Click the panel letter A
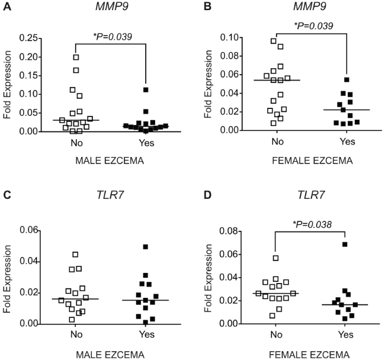[x=5, y=7]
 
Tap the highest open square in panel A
[x=76, y=57]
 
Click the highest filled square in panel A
[x=145, y=90]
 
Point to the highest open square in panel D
[x=275, y=258]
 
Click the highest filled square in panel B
[x=347, y=80]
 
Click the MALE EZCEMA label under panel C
[x=110, y=355]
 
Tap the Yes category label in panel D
[x=345, y=335]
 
